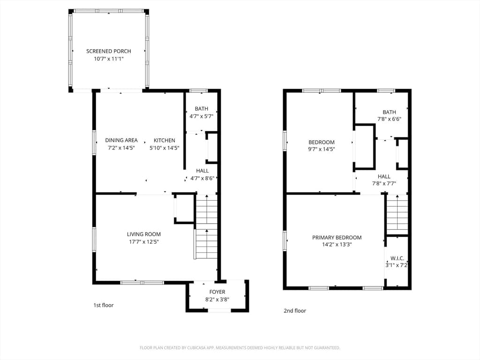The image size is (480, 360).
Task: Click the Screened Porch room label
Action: point(109,51)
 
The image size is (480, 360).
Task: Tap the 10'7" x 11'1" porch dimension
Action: point(109,59)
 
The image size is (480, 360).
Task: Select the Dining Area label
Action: point(121,140)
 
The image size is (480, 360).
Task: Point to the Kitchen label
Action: point(165,140)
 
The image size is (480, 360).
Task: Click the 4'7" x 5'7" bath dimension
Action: point(202,116)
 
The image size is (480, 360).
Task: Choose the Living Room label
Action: point(144,234)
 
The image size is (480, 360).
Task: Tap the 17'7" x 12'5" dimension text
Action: point(144,242)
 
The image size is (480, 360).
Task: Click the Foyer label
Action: point(217,292)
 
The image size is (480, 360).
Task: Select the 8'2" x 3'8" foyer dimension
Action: point(217,300)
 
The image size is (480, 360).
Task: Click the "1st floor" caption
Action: point(104,305)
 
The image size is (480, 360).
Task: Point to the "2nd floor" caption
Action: point(295,311)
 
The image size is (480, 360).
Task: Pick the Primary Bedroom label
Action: point(337,238)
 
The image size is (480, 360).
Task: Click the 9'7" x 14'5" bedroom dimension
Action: point(322,150)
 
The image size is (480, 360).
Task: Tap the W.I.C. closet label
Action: point(397,258)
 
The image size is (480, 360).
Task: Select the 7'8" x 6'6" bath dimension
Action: point(390,119)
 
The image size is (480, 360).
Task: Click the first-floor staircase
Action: point(206,226)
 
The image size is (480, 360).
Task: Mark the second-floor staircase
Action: point(397,214)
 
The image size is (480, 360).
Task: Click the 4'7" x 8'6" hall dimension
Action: point(202,178)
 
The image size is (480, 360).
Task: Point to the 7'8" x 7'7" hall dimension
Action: point(384,184)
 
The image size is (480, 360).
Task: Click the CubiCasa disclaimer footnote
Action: point(240,348)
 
